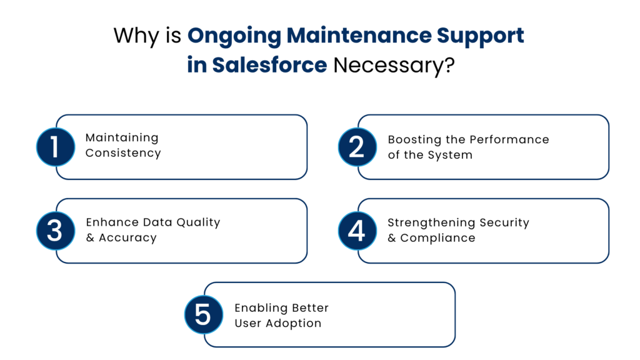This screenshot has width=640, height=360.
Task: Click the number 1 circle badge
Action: click(x=55, y=147)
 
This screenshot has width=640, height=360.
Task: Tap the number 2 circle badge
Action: click(x=357, y=147)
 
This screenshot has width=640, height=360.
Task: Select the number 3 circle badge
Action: click(x=55, y=231)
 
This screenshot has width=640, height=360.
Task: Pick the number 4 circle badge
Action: click(x=357, y=231)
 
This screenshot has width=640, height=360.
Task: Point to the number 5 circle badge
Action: click(x=203, y=314)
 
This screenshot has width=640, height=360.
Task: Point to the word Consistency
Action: click(x=123, y=153)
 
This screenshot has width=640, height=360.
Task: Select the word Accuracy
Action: click(x=127, y=237)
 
